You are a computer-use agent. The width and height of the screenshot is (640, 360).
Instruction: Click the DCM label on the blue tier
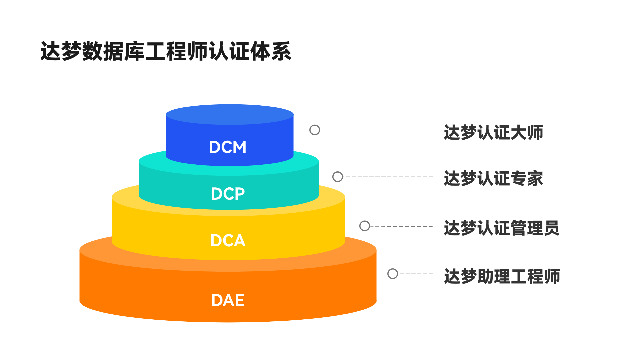tap(228, 147)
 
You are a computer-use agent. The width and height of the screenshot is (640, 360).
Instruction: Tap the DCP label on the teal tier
tap(228, 194)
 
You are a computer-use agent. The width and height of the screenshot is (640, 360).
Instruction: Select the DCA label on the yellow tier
tap(228, 240)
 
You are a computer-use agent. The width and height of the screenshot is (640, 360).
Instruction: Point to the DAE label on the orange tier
tap(228, 300)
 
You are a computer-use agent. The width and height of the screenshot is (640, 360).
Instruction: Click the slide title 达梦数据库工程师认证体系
tap(166, 51)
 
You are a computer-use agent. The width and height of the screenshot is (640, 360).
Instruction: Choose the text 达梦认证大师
tap(493, 132)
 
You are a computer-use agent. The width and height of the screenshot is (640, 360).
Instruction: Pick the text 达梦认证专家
tap(493, 178)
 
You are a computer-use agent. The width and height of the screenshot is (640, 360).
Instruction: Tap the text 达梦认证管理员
tap(501, 228)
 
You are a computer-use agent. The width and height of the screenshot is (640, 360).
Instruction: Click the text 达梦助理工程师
tap(502, 276)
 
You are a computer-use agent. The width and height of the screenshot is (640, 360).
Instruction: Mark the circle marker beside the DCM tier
tap(315, 130)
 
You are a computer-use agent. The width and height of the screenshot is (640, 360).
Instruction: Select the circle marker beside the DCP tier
tap(338, 177)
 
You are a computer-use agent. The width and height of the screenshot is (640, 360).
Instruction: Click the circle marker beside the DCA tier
tap(365, 226)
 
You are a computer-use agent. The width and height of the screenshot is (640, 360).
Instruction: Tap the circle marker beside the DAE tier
tap(393, 274)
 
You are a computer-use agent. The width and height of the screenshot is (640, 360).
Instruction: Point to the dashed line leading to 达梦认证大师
tap(377, 130)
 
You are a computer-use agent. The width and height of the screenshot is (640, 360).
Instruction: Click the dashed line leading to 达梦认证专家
tap(388, 177)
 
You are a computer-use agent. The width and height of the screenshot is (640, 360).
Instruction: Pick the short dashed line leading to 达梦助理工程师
tap(416, 274)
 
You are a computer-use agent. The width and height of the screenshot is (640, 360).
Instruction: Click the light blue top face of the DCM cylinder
tap(230, 114)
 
